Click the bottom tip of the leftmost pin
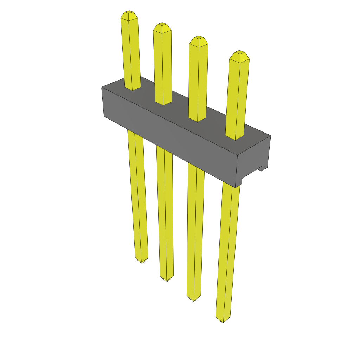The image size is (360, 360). click(142, 262)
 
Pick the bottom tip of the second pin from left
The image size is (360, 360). click(167, 279)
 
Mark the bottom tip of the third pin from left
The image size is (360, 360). click(193, 300)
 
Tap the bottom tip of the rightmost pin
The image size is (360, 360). click(223, 321)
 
